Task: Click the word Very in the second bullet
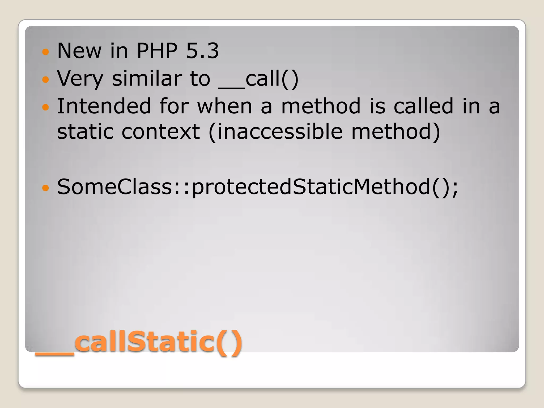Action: [x=80, y=79]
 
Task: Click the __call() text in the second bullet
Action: [x=259, y=79]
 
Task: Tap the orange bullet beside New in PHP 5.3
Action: [x=46, y=52]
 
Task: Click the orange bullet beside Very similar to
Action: [x=46, y=79]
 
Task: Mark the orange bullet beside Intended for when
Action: [x=46, y=107]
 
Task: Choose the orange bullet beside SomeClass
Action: [x=46, y=188]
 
